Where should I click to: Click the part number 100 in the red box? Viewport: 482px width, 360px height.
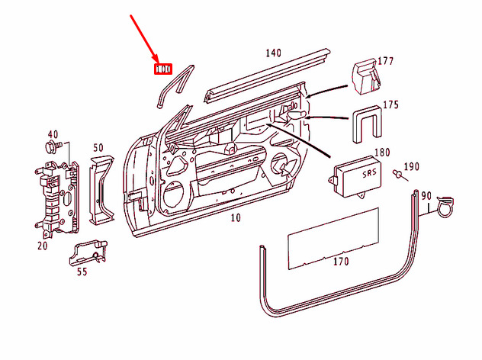pyautogui.click(x=162, y=69)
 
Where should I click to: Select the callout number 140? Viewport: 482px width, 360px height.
pyautogui.click(x=273, y=53)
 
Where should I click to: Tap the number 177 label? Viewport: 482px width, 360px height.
pyautogui.click(x=386, y=61)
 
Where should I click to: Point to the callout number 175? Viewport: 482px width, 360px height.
pyautogui.click(x=390, y=104)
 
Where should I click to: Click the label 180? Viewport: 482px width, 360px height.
pyautogui.click(x=381, y=153)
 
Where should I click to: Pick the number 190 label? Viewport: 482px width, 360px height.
pyautogui.click(x=411, y=166)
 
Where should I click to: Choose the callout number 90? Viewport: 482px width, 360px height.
pyautogui.click(x=447, y=196)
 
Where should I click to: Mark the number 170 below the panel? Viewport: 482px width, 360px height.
pyautogui.click(x=340, y=262)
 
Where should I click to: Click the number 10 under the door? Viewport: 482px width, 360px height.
pyautogui.click(x=236, y=218)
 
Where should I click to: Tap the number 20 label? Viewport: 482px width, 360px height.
pyautogui.click(x=42, y=246)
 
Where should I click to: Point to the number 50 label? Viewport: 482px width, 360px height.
pyautogui.click(x=98, y=147)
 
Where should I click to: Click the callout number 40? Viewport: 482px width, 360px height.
pyautogui.click(x=53, y=133)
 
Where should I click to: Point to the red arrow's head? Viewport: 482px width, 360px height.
pyautogui.click(x=157, y=62)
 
